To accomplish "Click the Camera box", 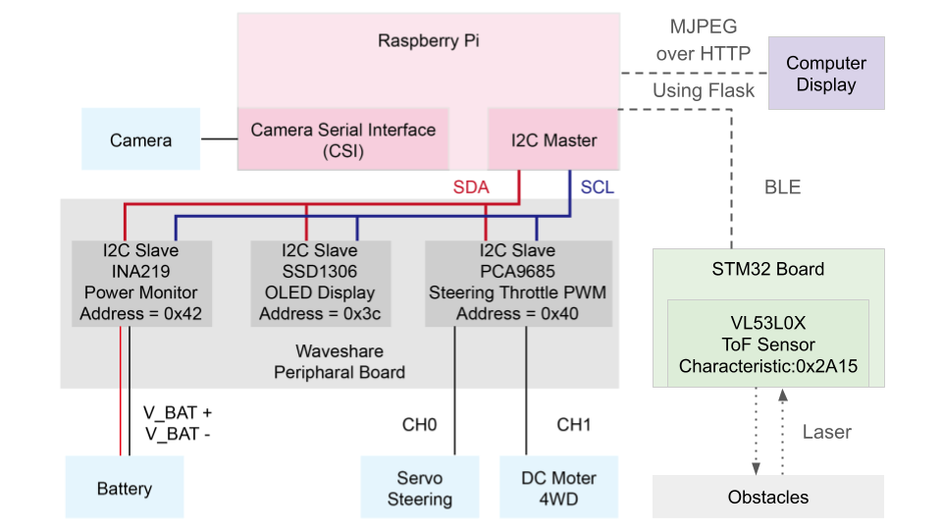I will [x=140, y=139].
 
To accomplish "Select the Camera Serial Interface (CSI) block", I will [x=343, y=139].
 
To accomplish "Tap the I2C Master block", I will [x=555, y=139].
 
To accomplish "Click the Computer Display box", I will [x=826, y=74].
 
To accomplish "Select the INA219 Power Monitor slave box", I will [x=140, y=283].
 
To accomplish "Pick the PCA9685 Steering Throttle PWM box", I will [x=517, y=283].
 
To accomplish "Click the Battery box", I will [x=125, y=488].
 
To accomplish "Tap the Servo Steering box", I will [x=420, y=488].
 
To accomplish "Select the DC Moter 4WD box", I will [x=559, y=488].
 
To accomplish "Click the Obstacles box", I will [x=768, y=497].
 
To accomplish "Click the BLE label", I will [x=782, y=187].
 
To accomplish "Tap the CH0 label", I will [x=419, y=425].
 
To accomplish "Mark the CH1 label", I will [x=574, y=425].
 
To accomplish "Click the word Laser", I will [x=827, y=431].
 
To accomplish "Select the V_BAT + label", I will [x=178, y=413].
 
